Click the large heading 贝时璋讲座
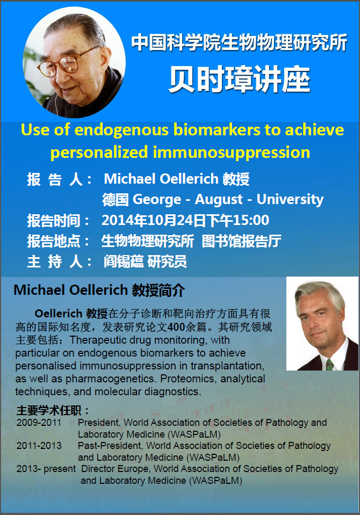[240, 79]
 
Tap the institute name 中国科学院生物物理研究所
[239, 43]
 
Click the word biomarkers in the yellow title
[217, 130]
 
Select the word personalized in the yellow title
[99, 153]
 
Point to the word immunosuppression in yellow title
[232, 153]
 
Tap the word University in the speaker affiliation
[290, 200]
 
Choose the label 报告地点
[53, 242]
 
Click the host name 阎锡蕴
[124, 262]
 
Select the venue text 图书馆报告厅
[241, 241]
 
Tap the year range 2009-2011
[39, 423]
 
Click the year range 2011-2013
[39, 446]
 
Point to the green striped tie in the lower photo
[329, 365]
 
